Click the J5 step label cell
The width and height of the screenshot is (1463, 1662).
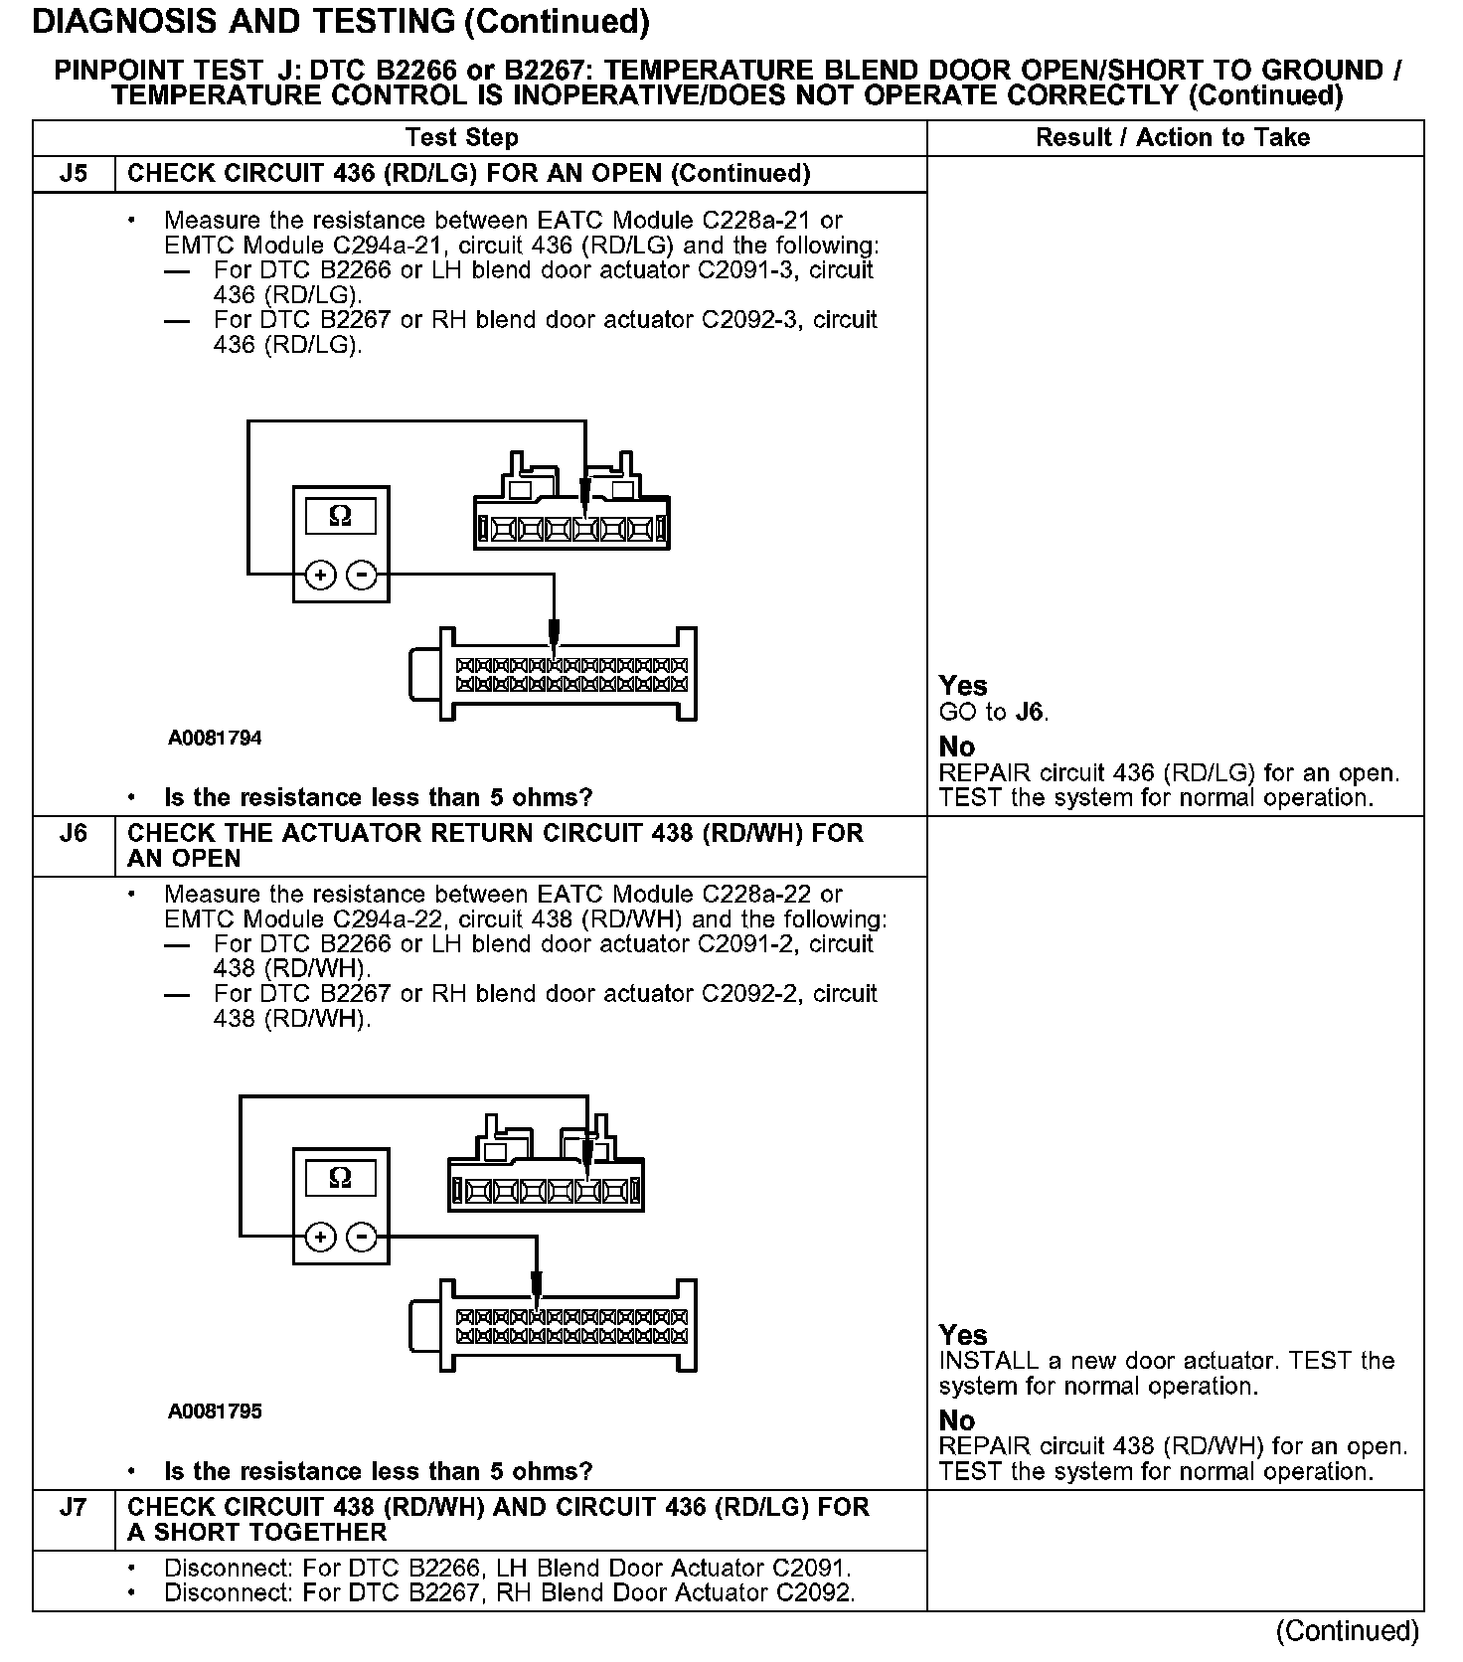[74, 174]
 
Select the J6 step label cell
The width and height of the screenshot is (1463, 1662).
[74, 833]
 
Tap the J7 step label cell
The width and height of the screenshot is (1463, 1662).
[74, 1508]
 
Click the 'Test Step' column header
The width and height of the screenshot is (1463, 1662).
[462, 138]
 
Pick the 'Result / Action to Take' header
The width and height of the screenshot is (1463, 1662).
[1173, 138]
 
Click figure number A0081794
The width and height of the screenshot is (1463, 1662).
[215, 738]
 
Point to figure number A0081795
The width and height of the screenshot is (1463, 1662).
[215, 1412]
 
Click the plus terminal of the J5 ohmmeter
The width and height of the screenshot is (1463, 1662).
[320, 575]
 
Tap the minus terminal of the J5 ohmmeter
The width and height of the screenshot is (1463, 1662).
[362, 575]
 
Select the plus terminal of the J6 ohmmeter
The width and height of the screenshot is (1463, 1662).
[320, 1238]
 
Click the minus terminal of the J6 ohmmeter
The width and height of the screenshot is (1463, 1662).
[362, 1238]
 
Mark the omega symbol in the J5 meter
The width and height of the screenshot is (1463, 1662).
[340, 516]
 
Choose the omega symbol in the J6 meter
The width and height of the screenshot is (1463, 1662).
[340, 1179]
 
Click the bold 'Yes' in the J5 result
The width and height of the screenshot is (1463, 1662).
[963, 686]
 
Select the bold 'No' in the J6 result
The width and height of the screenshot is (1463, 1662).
[957, 1420]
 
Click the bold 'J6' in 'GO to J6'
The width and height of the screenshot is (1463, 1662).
[1031, 713]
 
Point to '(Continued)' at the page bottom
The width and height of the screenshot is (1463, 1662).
[1348, 1631]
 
